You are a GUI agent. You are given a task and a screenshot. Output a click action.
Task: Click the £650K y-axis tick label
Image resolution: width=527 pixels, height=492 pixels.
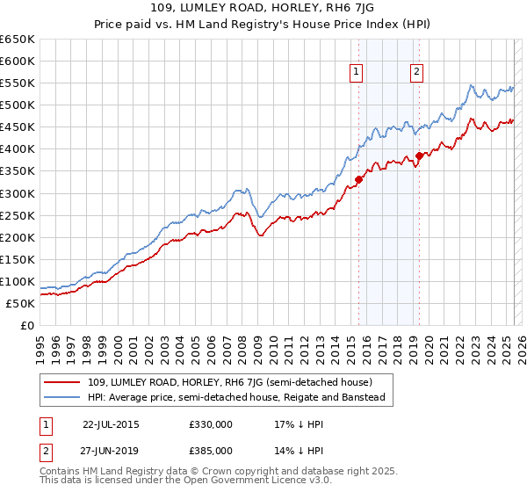pyautogui.click(x=18, y=40)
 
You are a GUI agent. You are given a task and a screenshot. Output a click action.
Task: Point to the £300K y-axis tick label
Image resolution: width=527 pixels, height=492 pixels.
pyautogui.click(x=18, y=193)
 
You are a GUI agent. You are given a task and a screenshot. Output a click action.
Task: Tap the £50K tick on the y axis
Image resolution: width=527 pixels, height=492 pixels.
pyautogui.click(x=21, y=303)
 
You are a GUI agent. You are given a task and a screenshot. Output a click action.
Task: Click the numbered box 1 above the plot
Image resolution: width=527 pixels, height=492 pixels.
pyautogui.click(x=357, y=73)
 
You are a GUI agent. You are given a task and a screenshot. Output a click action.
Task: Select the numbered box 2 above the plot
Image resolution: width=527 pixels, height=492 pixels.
pyautogui.click(x=416, y=73)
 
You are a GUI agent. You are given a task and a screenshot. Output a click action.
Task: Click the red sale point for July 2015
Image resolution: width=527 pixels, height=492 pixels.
pyautogui.click(x=358, y=179)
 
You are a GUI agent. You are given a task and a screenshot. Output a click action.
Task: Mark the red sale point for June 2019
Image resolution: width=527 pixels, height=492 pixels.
pyautogui.click(x=419, y=156)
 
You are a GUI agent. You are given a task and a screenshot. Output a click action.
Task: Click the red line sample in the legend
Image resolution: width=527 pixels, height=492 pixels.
pyautogui.click(x=61, y=382)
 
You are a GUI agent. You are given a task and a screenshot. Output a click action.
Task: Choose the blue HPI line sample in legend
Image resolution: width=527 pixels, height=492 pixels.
pyautogui.click(x=61, y=398)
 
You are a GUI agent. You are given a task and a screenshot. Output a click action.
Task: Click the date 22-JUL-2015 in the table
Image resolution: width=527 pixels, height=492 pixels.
pyautogui.click(x=111, y=423)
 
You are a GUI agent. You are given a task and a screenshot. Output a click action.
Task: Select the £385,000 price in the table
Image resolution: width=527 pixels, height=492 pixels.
pyautogui.click(x=210, y=450)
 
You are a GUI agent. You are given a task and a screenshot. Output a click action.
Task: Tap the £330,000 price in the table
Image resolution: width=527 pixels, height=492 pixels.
pyautogui.click(x=210, y=423)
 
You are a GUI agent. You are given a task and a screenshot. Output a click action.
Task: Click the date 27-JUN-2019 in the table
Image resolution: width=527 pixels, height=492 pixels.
pyautogui.click(x=111, y=450)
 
